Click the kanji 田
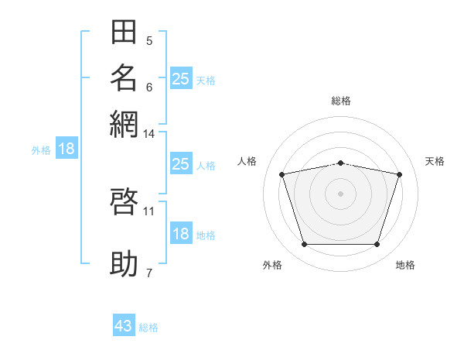pos(124,32)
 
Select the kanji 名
pos(124,78)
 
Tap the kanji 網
pos(124,124)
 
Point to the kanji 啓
pos(124,201)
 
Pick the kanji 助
pos(124,263)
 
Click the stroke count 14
pos(148,134)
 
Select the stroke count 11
pos(148,211)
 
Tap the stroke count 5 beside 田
pos(149,41)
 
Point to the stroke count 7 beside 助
pos(149,273)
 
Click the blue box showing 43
pos(124,325)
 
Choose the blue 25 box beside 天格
pos(181,78)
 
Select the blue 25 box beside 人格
pos(181,163)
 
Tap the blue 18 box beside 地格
pos(181,232)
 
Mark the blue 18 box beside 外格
pos(67,148)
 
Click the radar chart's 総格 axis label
pos(341,101)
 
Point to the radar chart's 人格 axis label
pos(247,161)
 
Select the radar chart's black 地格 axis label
pos(405,265)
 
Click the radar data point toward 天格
pos(400,174)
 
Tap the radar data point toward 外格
pos(305,244)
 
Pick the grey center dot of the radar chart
pos(340,194)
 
